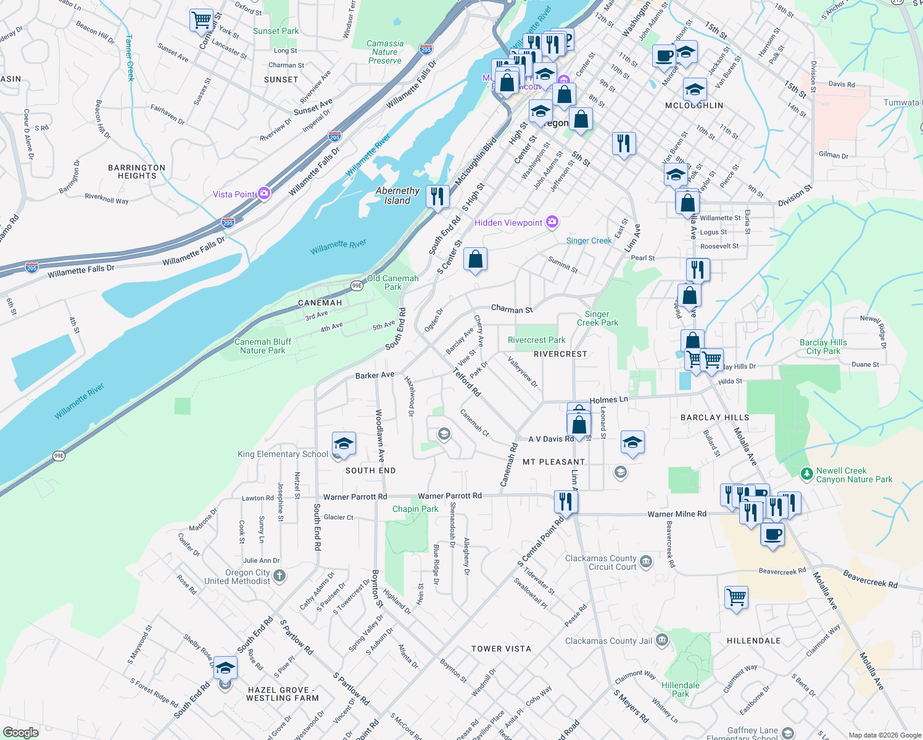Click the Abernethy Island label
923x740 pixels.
397,195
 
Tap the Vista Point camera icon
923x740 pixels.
264,194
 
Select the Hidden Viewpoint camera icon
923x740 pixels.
552,222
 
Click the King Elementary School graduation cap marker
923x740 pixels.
344,444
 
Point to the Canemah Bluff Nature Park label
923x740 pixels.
263,346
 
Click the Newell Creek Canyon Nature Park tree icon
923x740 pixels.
806,474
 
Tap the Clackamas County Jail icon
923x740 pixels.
661,640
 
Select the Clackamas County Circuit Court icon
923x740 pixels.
645,561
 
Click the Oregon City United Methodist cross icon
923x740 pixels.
279,576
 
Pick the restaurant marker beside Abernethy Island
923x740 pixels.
437,197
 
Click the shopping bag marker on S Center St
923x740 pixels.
475,260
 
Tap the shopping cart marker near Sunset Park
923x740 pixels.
201,20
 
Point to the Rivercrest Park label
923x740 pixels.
536,340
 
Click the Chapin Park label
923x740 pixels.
415,509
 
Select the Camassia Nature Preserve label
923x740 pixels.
385,52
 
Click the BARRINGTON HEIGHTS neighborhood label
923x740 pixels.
136,171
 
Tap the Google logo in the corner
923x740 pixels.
20,732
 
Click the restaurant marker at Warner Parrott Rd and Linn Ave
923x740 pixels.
566,501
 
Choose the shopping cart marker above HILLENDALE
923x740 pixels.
736,597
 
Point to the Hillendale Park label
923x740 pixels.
681,689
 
